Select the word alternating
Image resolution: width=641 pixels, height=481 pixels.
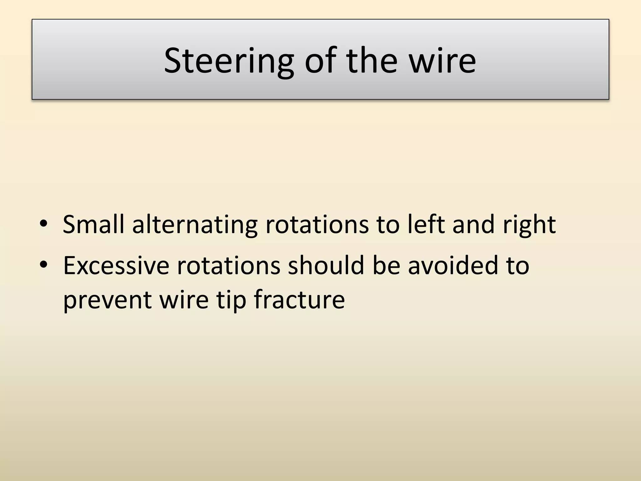point(195,224)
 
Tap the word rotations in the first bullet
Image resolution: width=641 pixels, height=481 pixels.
point(317,224)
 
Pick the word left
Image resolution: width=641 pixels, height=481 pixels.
point(426,224)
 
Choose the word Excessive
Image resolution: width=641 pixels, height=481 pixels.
point(116,265)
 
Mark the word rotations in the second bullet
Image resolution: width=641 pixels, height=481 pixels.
point(228,265)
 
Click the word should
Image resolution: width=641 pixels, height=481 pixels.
point(326,265)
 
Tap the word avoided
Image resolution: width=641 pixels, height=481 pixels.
point(453,265)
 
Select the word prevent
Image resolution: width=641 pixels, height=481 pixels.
point(107,299)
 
